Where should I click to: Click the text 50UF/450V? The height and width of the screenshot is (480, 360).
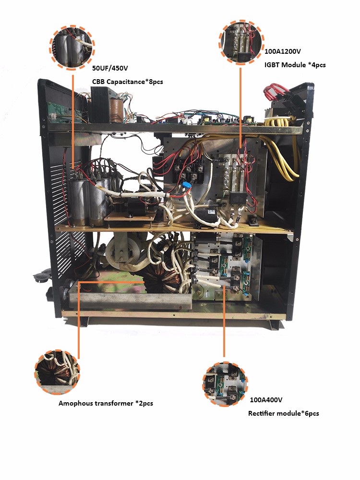109,69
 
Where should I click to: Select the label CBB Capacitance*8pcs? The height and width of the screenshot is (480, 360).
127,82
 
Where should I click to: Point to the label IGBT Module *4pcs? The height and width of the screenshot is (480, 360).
295,64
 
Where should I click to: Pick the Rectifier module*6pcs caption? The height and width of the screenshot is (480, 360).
283,413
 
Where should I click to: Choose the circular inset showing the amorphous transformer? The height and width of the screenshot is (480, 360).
57,372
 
